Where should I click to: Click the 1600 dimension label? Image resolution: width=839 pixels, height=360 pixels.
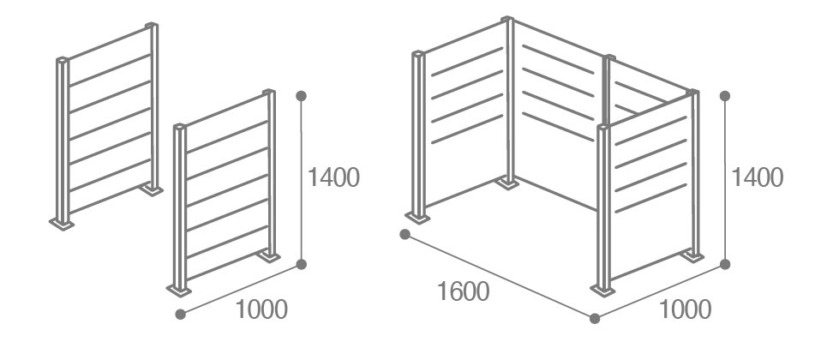point(464,292)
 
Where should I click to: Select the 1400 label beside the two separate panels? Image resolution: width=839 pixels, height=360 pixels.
point(334,177)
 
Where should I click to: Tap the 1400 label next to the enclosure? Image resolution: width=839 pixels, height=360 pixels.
point(757,177)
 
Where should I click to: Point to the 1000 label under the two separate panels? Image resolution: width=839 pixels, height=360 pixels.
point(261,309)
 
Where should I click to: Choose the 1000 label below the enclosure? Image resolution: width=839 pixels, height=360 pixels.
point(685,309)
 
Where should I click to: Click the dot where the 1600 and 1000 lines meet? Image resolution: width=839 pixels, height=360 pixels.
point(595,319)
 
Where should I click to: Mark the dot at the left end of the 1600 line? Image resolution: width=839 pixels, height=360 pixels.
point(405,234)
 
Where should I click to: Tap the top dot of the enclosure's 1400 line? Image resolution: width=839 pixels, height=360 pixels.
point(725,96)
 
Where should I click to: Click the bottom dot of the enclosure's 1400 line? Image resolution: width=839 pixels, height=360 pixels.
point(725,264)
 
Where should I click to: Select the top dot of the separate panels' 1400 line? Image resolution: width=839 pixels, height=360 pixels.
point(302,96)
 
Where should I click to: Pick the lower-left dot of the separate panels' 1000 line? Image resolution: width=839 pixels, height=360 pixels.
point(180,315)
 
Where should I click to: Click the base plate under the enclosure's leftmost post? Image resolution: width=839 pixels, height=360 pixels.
point(417,217)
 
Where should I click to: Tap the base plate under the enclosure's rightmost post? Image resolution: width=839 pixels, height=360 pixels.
point(692,257)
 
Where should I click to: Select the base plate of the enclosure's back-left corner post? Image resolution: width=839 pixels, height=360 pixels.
point(506,183)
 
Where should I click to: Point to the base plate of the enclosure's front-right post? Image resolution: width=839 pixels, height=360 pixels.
point(603,291)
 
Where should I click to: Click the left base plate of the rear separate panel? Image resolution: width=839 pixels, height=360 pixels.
point(62,224)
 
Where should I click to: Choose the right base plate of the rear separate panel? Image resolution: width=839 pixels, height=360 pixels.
point(152,190)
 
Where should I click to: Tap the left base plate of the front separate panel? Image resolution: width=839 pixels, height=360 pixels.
point(179,291)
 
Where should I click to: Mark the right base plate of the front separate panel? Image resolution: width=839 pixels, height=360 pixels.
point(268,257)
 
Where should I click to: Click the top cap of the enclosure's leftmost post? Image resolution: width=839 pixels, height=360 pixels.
point(418,53)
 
